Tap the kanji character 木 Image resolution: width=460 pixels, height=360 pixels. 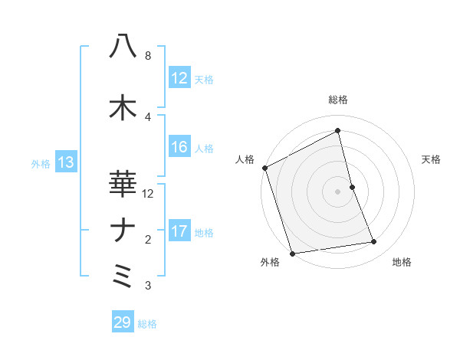pos(123,107)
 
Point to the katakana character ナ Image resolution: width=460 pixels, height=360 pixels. pos(123,230)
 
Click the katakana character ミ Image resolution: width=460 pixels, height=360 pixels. pos(123,276)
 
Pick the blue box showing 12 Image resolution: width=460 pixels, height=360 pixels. pos(179,78)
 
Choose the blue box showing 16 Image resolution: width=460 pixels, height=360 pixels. pos(179,148)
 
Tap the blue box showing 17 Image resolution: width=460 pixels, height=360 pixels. pos(179,232)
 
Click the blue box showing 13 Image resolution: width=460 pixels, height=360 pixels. pos(65,162)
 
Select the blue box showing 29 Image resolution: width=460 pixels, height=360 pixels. pos(123,322)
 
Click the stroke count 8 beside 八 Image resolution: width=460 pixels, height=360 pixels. pos(148,56)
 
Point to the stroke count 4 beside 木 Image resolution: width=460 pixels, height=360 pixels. pos(148,116)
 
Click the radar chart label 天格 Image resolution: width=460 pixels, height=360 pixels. pos(431,159)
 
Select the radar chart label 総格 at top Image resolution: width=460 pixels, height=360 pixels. pos(338,100)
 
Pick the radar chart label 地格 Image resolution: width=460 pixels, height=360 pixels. pos(402,263)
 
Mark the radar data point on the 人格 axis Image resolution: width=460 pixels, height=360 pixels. pos(264,168)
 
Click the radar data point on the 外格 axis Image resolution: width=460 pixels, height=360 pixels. pos(292,253)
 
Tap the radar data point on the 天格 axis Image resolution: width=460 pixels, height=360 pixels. pos(352,187)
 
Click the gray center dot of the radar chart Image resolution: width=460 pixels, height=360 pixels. pos(338,191)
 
